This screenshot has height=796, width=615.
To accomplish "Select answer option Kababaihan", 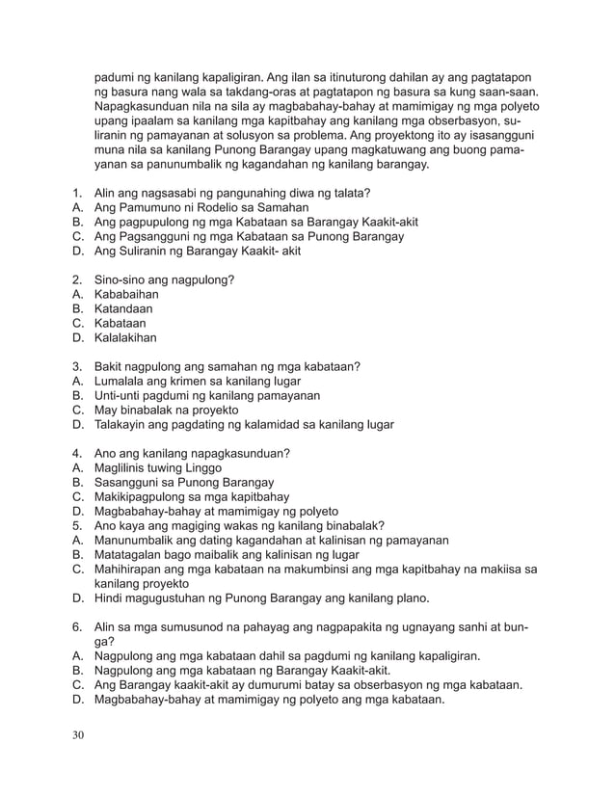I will pyautogui.click(x=126, y=295).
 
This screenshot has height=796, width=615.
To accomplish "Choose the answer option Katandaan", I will pyautogui.click(x=123, y=309).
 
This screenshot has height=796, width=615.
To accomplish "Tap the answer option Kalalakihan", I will pyautogui.click(x=126, y=338).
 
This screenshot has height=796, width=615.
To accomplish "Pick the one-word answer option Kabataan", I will pyautogui.click(x=121, y=324).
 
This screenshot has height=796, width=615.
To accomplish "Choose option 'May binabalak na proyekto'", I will pyautogui.click(x=167, y=410).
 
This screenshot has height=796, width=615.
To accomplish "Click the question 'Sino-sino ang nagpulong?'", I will pyautogui.click(x=165, y=279).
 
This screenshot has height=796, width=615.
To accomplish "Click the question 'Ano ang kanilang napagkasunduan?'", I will pyautogui.click(x=193, y=453).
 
